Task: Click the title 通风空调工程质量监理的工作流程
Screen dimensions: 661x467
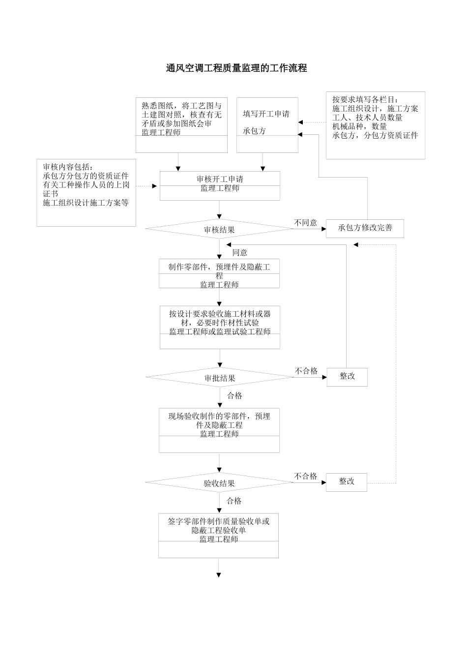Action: [x=236, y=68]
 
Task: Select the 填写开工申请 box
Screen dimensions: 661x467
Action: [x=267, y=125]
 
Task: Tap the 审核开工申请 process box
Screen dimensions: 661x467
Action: [x=220, y=185]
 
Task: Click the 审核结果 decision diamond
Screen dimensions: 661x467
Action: [x=219, y=229]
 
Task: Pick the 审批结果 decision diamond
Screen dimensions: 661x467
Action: [x=220, y=378]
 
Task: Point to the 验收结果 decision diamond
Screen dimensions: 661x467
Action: [x=219, y=483]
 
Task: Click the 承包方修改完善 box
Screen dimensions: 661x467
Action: [x=365, y=228]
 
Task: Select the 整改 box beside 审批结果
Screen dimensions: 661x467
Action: [x=347, y=376]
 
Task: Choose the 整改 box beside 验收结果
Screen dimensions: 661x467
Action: [x=347, y=481]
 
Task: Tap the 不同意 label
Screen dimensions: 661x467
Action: [x=306, y=222]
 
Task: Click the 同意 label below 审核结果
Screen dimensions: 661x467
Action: [x=240, y=252]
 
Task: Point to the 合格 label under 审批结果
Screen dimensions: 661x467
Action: [x=234, y=395]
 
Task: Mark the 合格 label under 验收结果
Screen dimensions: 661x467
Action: [x=234, y=501]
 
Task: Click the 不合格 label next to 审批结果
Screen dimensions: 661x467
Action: [x=306, y=371]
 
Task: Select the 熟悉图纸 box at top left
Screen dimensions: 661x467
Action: [x=181, y=125]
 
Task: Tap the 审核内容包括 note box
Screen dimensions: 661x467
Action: [x=80, y=192]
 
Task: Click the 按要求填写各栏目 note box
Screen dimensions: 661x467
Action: [x=376, y=125]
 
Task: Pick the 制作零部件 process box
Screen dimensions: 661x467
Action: [x=219, y=273]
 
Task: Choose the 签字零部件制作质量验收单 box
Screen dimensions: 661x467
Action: [x=219, y=535]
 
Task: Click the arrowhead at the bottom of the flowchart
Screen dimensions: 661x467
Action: [x=219, y=574]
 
